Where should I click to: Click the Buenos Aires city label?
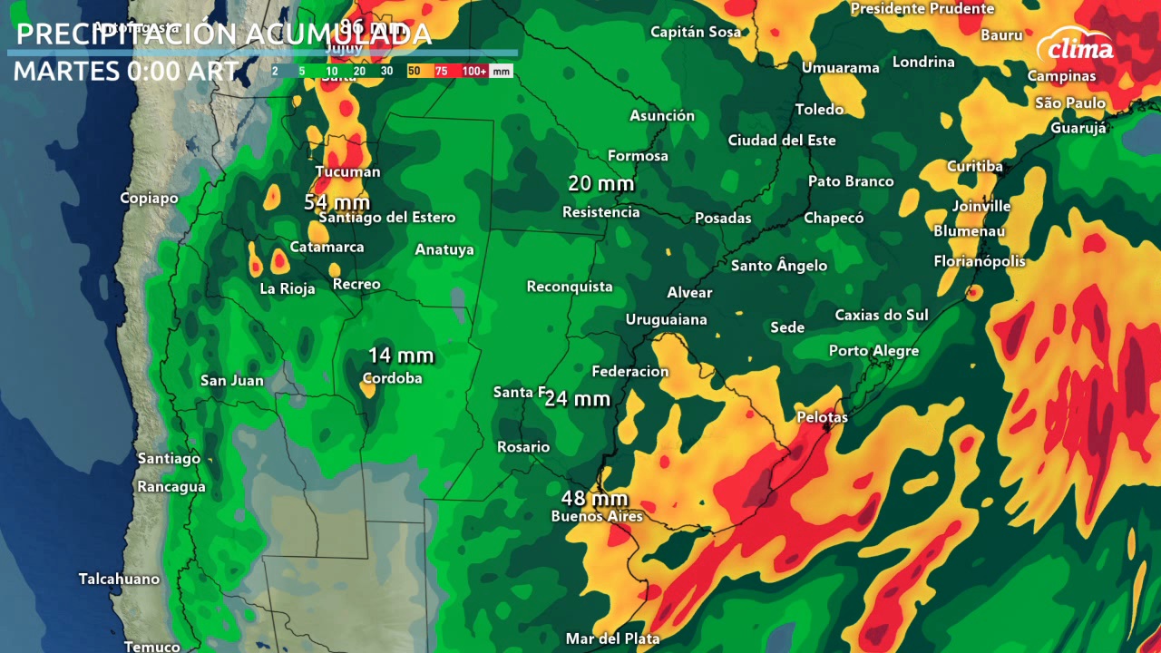(597, 517)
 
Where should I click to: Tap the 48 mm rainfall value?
(594, 499)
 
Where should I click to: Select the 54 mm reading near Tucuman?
(337, 201)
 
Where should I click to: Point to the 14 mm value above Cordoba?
(400, 356)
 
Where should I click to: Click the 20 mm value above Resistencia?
(600, 184)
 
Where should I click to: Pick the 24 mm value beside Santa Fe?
(578, 399)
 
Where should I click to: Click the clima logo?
(1079, 47)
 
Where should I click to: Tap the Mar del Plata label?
(612, 638)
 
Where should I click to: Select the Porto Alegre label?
(873, 351)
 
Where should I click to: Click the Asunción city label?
(662, 116)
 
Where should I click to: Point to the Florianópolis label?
(980, 261)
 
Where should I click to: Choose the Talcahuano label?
(119, 579)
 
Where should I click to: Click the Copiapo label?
(149, 198)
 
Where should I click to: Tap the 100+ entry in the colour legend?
(474, 71)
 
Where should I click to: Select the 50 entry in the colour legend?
(415, 71)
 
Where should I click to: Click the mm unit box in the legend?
(501, 71)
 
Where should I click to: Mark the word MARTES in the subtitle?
(67, 71)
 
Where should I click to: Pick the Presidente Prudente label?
(922, 9)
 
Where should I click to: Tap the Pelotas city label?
(822, 417)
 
